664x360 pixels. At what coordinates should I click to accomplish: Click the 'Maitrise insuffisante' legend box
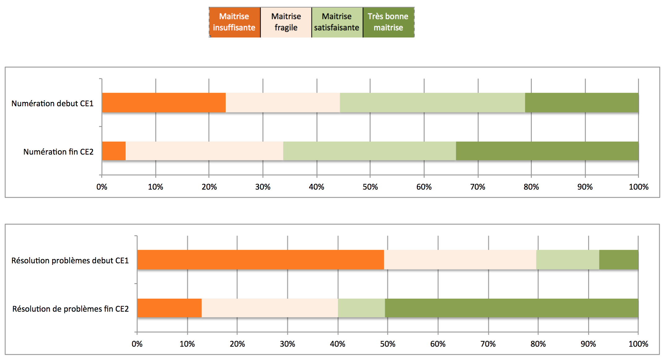pyautogui.click(x=234, y=22)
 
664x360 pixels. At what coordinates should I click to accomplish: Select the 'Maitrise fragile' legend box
pyautogui.click(x=286, y=22)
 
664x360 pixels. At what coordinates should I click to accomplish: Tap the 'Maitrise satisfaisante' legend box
pyautogui.click(x=337, y=22)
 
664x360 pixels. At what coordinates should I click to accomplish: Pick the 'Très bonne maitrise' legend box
pyautogui.click(x=388, y=22)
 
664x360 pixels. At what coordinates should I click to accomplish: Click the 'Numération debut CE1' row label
pyautogui.click(x=52, y=103)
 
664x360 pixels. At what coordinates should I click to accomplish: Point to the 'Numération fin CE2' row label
pyautogui.click(x=58, y=152)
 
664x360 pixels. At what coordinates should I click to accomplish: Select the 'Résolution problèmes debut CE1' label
pyautogui.click(x=70, y=261)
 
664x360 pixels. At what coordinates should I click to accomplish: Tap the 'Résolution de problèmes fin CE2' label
pyautogui.click(x=70, y=309)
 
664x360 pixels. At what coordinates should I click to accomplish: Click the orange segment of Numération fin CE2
pyautogui.click(x=114, y=151)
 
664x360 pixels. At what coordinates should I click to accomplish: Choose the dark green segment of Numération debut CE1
pyautogui.click(x=582, y=103)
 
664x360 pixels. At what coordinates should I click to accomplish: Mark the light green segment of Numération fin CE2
pyautogui.click(x=369, y=151)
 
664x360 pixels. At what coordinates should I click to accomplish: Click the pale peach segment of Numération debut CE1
pyautogui.click(x=283, y=103)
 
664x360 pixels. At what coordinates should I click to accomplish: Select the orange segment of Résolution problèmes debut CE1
pyautogui.click(x=260, y=260)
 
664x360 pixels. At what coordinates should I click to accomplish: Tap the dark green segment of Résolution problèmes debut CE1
pyautogui.click(x=618, y=260)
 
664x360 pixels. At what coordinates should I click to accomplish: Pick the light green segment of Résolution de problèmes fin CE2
pyautogui.click(x=361, y=308)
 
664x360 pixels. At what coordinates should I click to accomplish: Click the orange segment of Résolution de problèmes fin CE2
pyautogui.click(x=169, y=308)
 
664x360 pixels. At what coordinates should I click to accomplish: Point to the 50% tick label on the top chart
pyautogui.click(x=370, y=187)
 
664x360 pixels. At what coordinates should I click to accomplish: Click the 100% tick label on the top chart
pyautogui.click(x=639, y=187)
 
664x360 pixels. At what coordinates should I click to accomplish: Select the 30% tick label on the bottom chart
pyautogui.click(x=287, y=344)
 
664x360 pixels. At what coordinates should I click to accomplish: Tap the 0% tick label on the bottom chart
pyautogui.click(x=137, y=344)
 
